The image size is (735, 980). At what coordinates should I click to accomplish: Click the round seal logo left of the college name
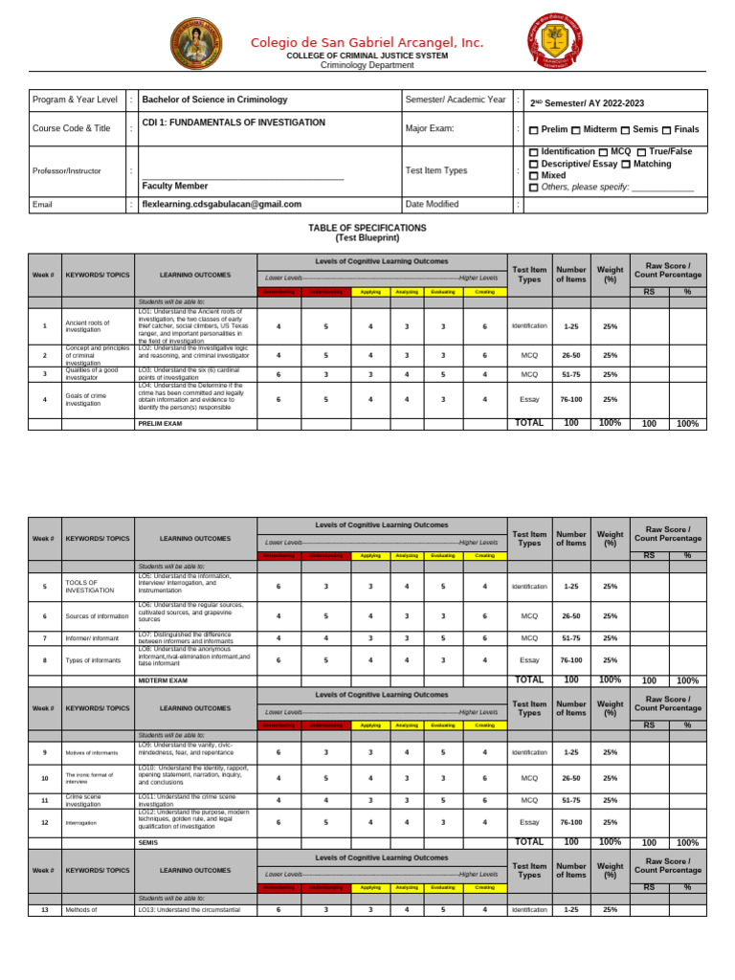[199, 50]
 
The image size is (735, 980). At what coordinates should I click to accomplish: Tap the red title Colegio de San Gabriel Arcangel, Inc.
[367, 42]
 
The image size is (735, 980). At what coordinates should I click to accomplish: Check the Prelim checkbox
[533, 130]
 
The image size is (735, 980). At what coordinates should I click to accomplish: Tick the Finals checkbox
[666, 130]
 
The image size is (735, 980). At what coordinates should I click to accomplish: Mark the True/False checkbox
[640, 152]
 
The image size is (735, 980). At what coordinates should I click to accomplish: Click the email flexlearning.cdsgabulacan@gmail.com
[221, 204]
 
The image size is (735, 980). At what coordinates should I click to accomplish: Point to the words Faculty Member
[174, 186]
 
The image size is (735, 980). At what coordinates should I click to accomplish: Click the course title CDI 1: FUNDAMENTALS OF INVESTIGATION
[234, 122]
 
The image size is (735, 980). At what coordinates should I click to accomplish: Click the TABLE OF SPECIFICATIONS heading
[367, 228]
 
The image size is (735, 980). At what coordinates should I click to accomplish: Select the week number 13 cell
[45, 909]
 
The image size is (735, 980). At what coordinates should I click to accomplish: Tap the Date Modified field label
[432, 204]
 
